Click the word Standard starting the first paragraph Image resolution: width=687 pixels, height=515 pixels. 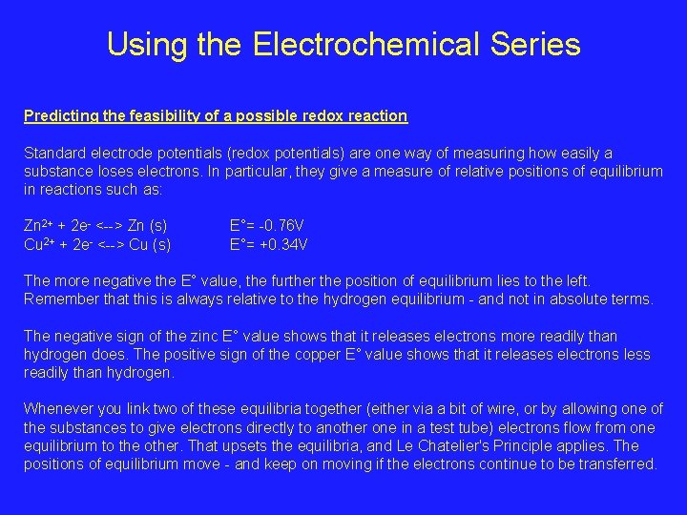pyautogui.click(x=53, y=154)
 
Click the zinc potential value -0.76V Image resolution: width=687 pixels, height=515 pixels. pyautogui.click(x=278, y=227)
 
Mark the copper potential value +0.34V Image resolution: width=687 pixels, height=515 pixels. pyautogui.click(x=280, y=245)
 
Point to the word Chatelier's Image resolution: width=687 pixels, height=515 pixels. pyautogui.click(x=496, y=446)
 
